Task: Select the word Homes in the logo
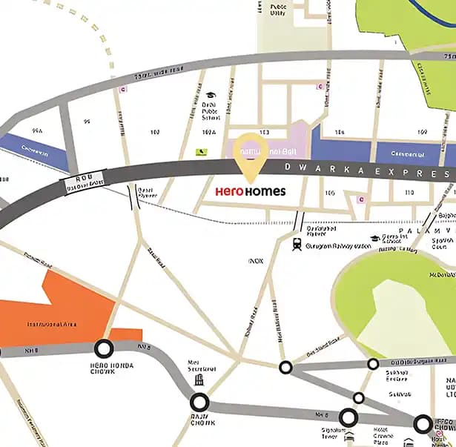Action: pyautogui.click(x=265, y=191)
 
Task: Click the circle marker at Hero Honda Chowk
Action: pyautogui.click(x=103, y=348)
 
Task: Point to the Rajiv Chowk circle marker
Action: pyautogui.click(x=199, y=403)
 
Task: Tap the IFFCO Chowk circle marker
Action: pyautogui.click(x=423, y=424)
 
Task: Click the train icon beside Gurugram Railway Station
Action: pyautogui.click(x=297, y=244)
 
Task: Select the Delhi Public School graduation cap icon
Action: pyautogui.click(x=211, y=96)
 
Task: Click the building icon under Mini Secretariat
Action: pyautogui.click(x=199, y=380)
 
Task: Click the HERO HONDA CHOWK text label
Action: pyautogui.click(x=95, y=368)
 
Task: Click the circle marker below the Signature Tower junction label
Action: pyautogui.click(x=348, y=417)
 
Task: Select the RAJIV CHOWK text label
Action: pyautogui.click(x=199, y=423)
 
